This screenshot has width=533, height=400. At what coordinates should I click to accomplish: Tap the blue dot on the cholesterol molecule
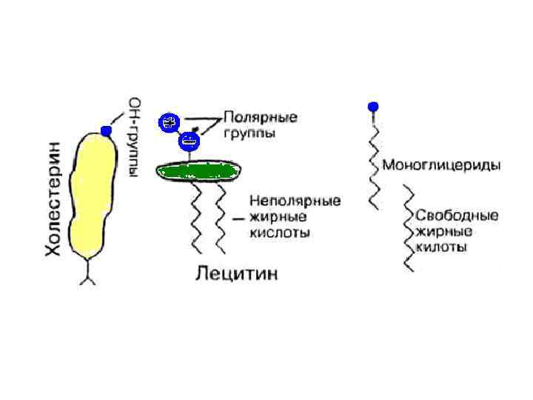[106, 131]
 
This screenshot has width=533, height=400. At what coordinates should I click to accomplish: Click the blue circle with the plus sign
[170, 123]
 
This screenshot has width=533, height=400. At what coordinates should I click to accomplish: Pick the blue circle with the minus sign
[190, 140]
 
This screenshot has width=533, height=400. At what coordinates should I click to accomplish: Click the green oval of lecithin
[198, 172]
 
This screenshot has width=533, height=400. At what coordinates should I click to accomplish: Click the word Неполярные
[295, 201]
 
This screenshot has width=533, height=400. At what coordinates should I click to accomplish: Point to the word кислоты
[279, 233]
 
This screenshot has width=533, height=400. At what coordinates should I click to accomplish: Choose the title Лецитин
[236, 274]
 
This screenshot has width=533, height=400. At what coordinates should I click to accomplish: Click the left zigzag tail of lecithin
[197, 219]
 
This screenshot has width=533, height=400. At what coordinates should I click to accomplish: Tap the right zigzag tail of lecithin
[220, 219]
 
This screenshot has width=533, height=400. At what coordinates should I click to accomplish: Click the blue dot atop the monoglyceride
[374, 107]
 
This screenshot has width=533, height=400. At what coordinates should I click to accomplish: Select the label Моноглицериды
[440, 164]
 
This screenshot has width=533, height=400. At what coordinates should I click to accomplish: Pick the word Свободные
[456, 216]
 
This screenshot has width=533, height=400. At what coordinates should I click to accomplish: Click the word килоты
[442, 247]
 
